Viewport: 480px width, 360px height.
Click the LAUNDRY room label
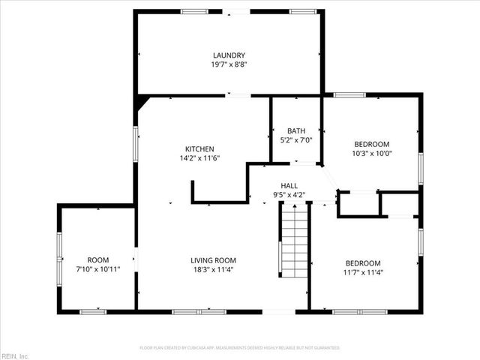tap(229, 55)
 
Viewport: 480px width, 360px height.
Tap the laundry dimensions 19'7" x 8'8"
tap(229, 64)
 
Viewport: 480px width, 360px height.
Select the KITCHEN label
tap(200, 148)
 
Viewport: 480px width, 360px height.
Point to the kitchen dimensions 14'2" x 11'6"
tap(200, 158)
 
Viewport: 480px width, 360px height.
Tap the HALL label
tap(289, 185)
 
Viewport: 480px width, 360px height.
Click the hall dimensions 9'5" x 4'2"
tap(289, 195)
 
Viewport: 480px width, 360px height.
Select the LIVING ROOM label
tap(213, 260)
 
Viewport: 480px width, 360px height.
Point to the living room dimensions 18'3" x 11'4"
tap(213, 270)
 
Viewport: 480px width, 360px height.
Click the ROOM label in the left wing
tap(98, 259)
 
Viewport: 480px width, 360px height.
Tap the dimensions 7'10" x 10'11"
tap(98, 269)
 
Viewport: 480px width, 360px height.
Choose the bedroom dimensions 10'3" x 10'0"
tap(371, 154)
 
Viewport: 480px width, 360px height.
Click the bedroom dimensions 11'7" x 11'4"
tap(363, 272)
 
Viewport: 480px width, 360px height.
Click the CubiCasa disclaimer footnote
tap(240, 348)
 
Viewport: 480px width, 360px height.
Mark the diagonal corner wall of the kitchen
tap(142, 102)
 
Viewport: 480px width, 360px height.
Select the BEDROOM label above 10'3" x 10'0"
tap(371, 144)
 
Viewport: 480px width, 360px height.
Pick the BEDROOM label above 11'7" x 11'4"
tap(363, 262)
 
